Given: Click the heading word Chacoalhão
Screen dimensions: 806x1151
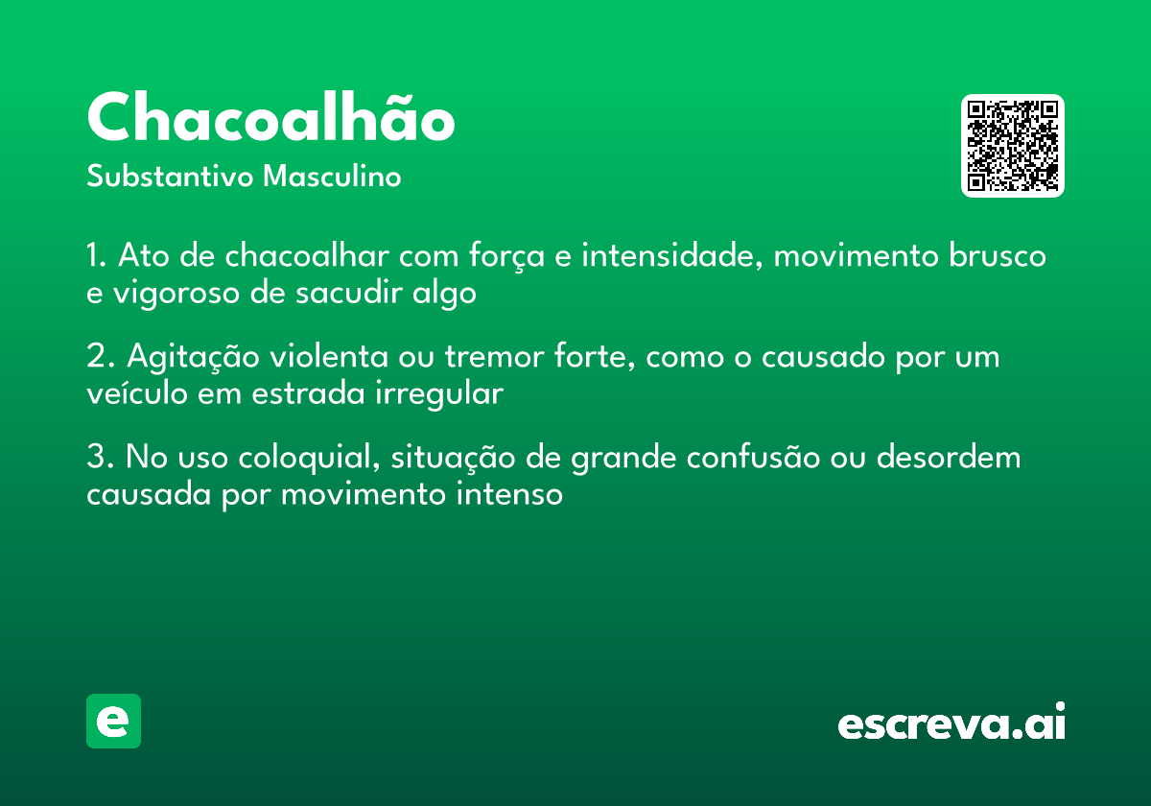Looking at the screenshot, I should (270, 118).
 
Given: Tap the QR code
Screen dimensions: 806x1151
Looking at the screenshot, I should (1013, 146).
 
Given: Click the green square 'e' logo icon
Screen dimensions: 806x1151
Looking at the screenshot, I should (113, 721).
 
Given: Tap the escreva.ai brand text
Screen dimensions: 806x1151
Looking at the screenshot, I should (951, 723).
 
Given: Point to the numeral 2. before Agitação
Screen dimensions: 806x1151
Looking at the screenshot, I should (97, 357).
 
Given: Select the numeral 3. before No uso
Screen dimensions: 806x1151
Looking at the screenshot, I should (97, 458).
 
